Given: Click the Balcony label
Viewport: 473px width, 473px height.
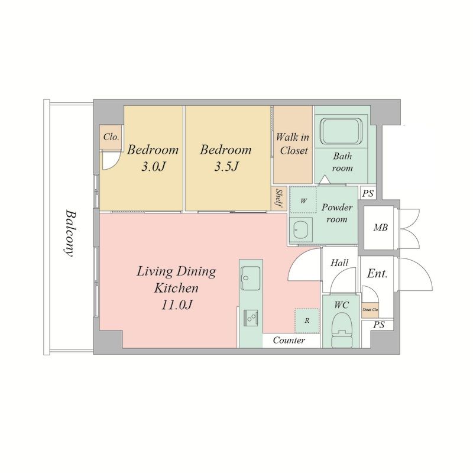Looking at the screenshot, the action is click(70, 233).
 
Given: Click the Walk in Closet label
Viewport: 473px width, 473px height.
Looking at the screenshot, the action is click(293, 144).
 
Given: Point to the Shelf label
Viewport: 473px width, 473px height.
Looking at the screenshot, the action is click(279, 199).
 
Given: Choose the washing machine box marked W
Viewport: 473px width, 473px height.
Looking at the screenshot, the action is click(303, 200).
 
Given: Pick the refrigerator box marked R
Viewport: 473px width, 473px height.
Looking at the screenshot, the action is click(307, 320).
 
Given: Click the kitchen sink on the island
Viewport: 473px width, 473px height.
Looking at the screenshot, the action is click(250, 278).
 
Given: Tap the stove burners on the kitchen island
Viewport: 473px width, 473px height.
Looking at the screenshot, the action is click(251, 318).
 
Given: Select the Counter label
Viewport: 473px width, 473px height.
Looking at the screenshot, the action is click(289, 341).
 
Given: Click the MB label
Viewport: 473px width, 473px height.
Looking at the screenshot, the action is click(380, 227).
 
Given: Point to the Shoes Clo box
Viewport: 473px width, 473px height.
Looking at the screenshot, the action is click(370, 310).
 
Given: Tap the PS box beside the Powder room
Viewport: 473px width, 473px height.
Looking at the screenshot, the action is click(368, 193).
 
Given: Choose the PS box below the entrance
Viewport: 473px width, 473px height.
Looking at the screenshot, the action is click(378, 325).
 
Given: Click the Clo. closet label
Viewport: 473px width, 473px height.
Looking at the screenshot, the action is click(111, 137).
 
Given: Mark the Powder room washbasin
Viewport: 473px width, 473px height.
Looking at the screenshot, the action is click(300, 229).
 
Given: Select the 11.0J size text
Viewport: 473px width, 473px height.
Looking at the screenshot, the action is click(177, 305).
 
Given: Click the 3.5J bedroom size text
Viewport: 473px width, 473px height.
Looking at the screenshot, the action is click(226, 166).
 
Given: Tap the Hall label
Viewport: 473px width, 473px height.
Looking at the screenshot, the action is click(339, 263).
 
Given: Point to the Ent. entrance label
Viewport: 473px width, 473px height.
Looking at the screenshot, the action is click(377, 274).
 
